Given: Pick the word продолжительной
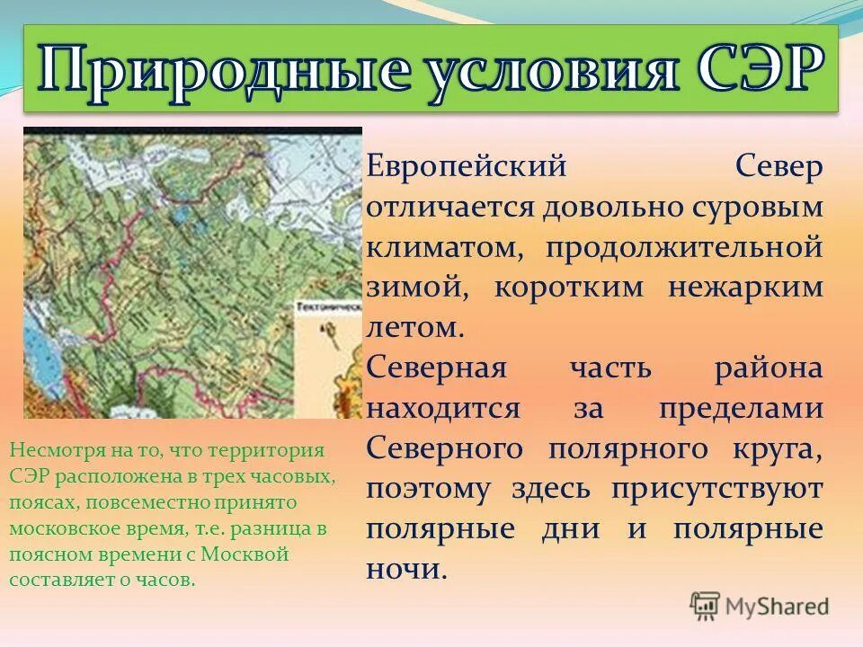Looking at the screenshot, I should coord(682,247).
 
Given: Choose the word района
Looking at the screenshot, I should coord(769,368).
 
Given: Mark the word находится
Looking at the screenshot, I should coord(443,409).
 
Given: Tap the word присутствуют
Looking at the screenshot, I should coord(717,490).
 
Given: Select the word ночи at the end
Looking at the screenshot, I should coord(406,570).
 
